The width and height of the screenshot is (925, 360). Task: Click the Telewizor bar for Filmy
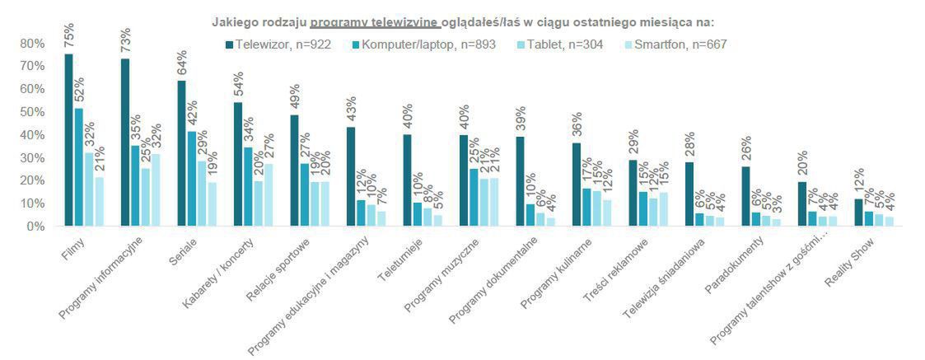pos(68,140)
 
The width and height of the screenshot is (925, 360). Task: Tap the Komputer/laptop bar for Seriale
pos(191,178)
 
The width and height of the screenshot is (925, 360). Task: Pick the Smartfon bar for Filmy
pos(99,201)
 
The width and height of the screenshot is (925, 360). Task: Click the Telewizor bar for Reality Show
pos(859,212)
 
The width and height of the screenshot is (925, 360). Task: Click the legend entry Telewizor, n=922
pos(277,44)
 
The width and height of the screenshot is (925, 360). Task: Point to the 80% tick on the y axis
pos(33,43)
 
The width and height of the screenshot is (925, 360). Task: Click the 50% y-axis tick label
pos(33,111)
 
